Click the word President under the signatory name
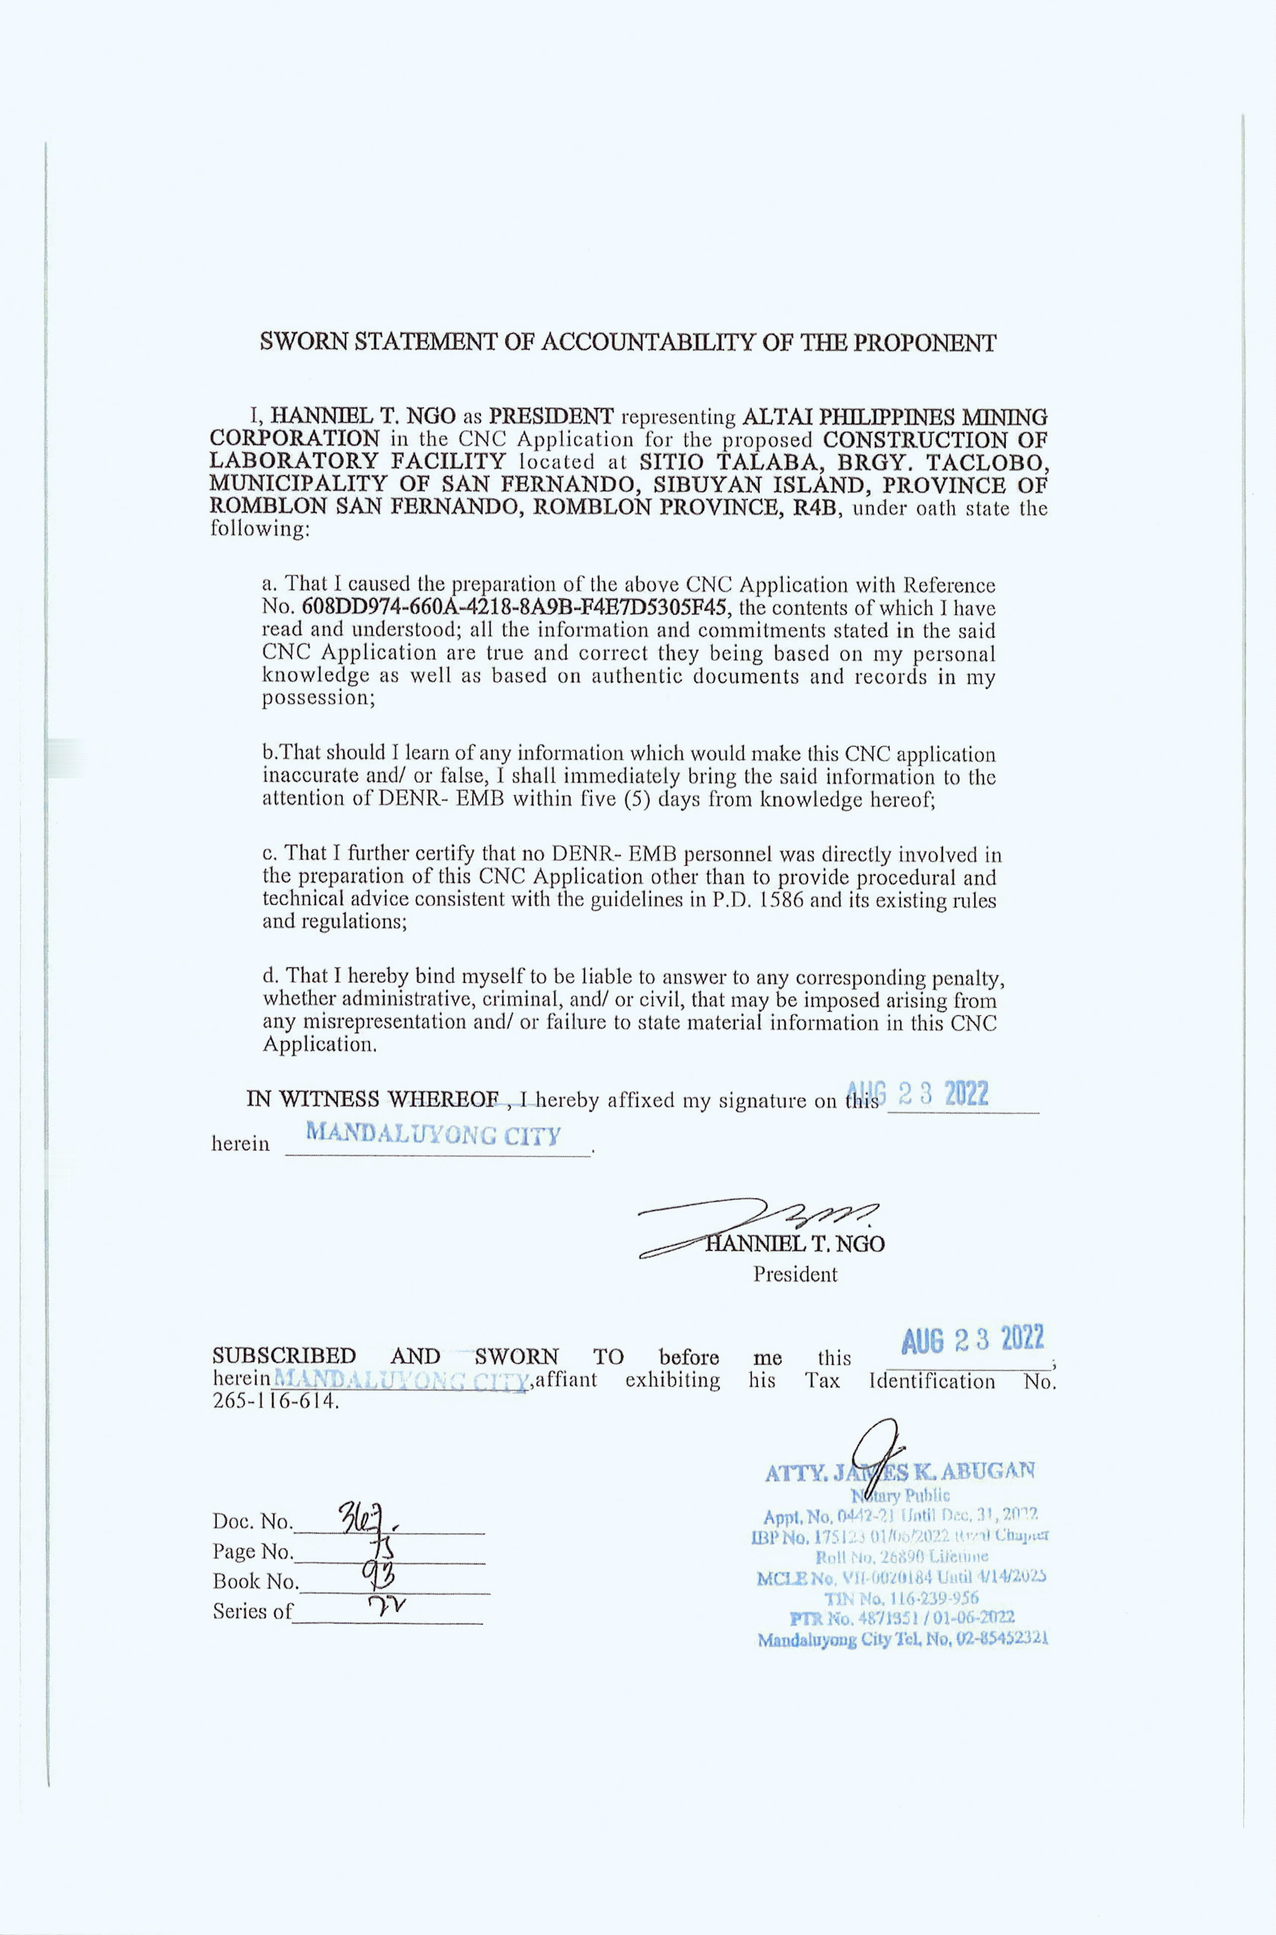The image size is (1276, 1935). point(794,1274)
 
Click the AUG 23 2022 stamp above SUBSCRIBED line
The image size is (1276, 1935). point(972,1340)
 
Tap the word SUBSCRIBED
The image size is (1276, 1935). point(284,1356)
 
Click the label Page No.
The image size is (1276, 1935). point(252,1552)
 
